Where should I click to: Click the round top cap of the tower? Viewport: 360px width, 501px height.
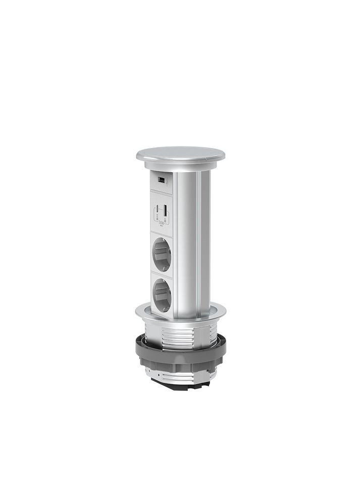point(180,154)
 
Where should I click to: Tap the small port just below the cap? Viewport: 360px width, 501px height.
point(162,179)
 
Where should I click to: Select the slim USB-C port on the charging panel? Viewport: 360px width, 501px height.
point(158,208)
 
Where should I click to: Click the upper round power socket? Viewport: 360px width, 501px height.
point(161,256)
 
